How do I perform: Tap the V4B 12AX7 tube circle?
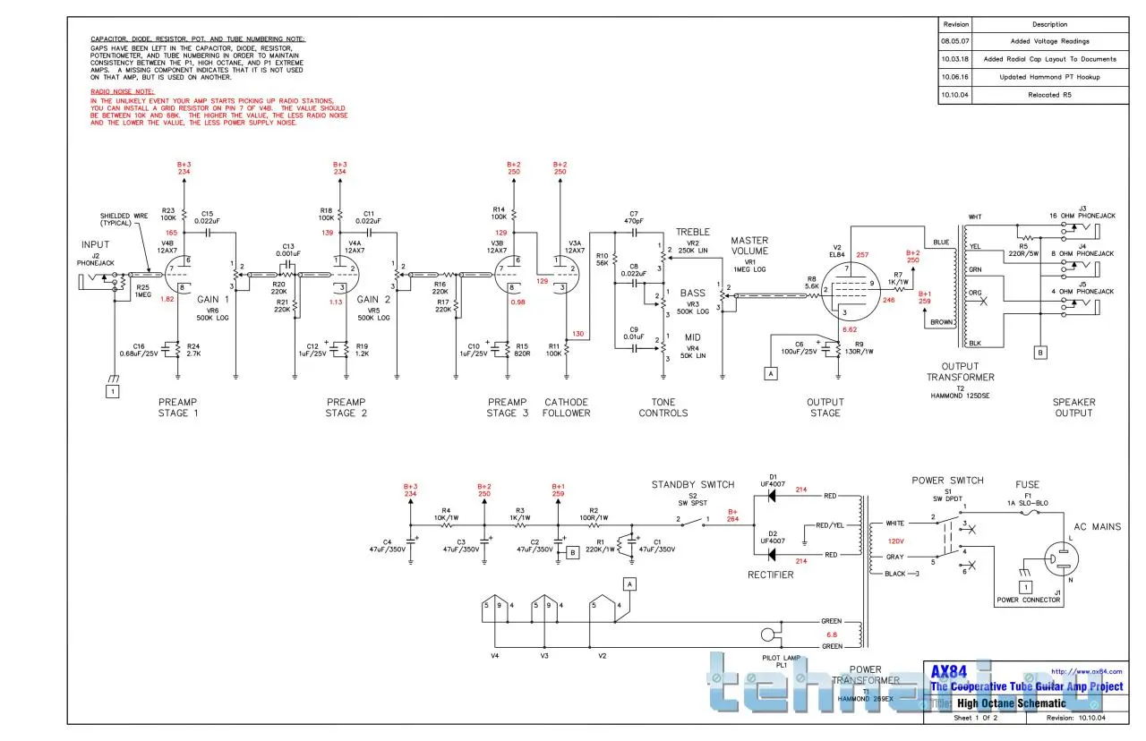177,274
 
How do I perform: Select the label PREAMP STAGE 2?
346,407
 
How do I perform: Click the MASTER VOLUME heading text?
748,246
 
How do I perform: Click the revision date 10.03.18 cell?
956,59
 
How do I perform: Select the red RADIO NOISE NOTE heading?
123,92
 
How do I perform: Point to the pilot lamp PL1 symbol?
767,637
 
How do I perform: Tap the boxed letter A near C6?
769,374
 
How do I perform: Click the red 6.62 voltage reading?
850,329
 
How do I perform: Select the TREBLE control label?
693,232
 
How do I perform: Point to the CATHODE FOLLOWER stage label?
568,407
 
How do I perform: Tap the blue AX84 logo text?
950,671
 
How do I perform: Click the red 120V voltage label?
896,541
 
